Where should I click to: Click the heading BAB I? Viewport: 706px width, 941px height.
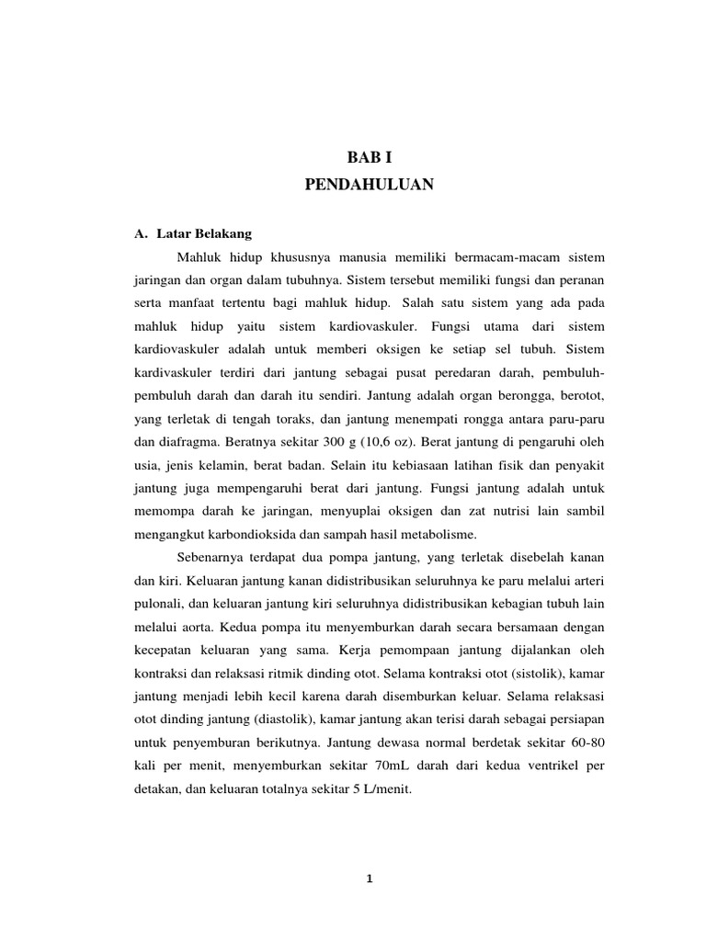369,157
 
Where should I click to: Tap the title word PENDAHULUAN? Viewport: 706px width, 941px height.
369,185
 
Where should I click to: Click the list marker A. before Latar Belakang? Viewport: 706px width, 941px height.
141,233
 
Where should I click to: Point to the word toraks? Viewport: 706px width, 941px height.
287,417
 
